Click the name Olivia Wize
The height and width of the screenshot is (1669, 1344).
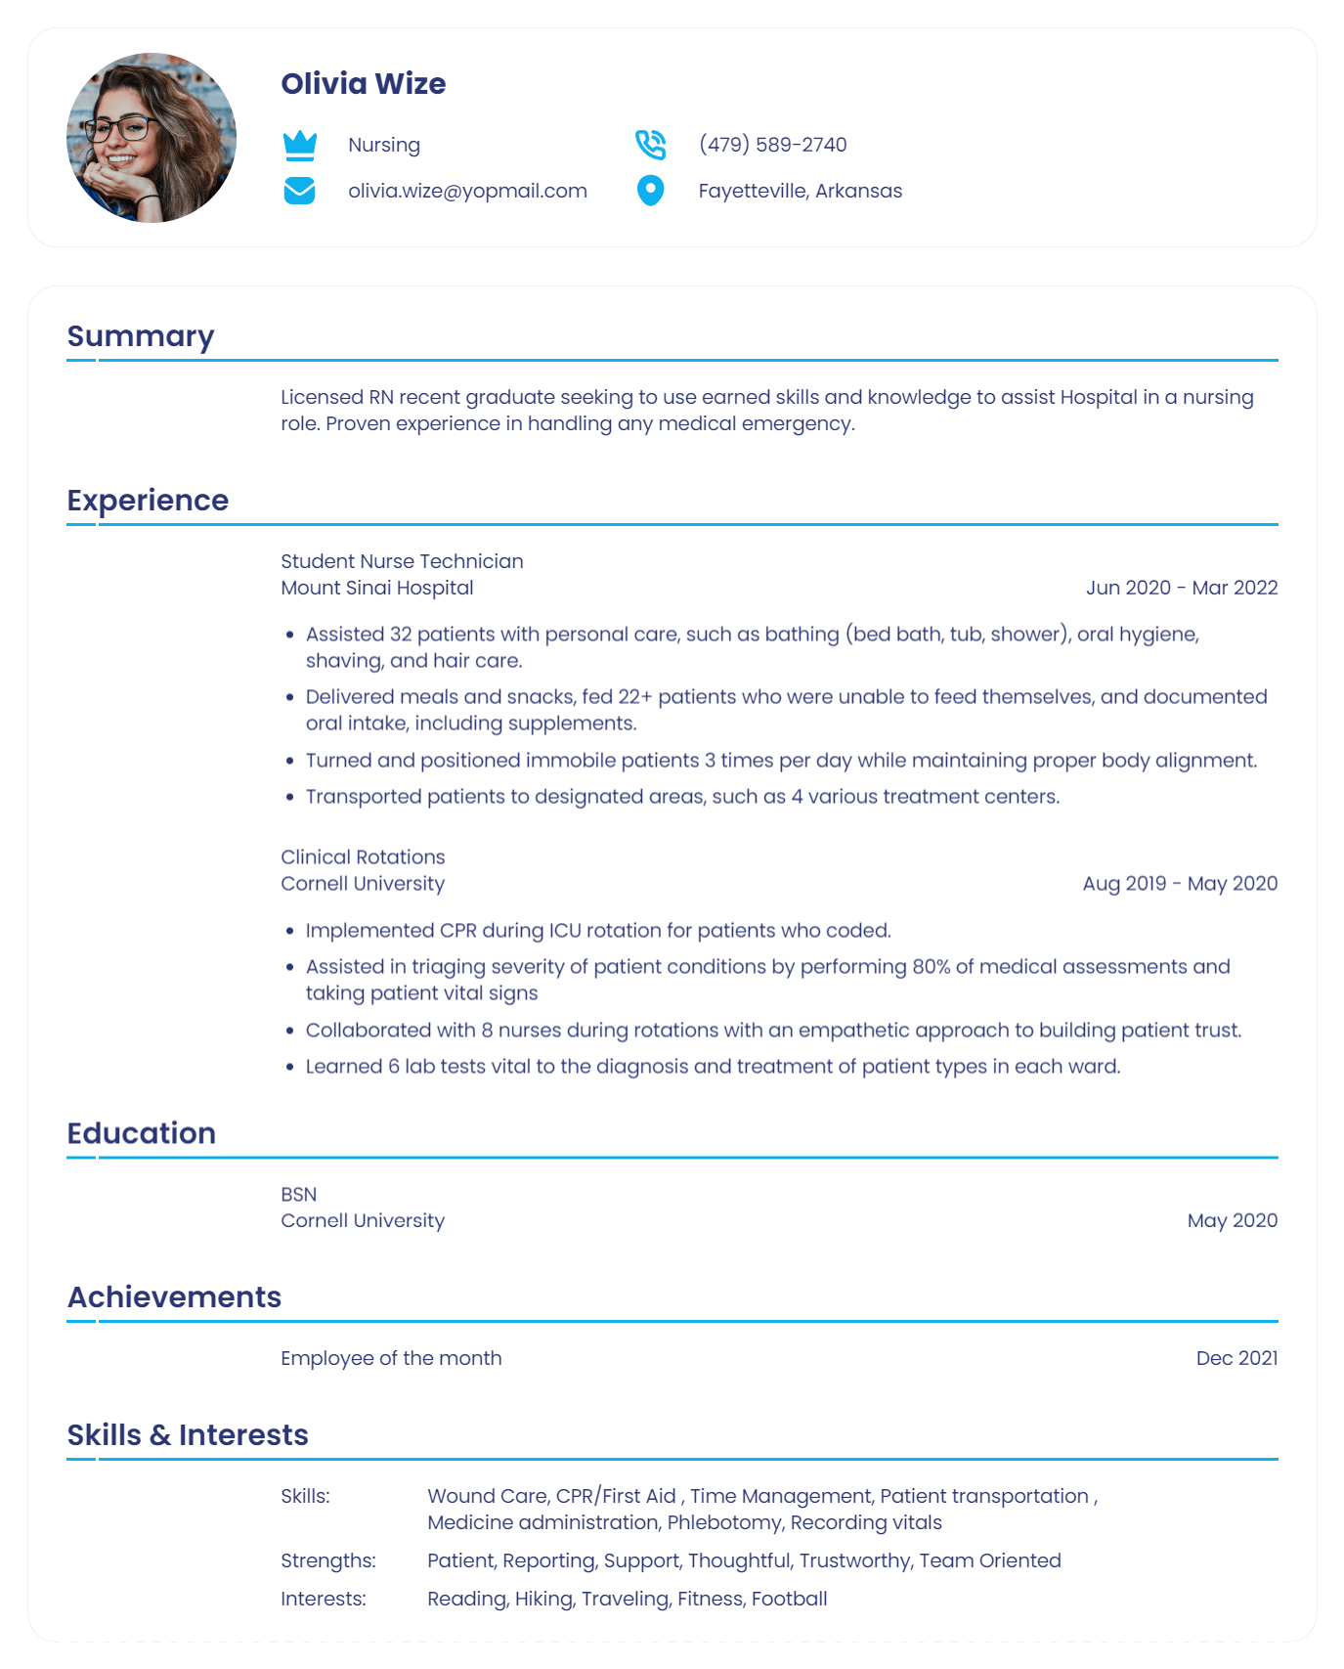click(363, 84)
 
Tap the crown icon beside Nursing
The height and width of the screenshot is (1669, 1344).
click(299, 145)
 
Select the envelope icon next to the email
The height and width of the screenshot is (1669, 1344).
click(299, 191)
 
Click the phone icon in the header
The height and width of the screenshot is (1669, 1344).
click(650, 145)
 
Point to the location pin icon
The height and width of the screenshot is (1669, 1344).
click(650, 191)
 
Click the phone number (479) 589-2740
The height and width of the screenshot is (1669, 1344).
click(772, 145)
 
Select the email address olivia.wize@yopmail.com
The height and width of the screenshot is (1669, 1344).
click(467, 191)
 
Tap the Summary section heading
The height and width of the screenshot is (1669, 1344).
click(141, 336)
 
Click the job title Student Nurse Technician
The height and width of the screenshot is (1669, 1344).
click(402, 561)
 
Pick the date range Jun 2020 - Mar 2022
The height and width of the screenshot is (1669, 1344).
click(1181, 588)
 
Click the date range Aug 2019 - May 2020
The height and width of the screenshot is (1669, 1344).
click(1180, 884)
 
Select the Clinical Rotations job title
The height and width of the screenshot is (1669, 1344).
click(363, 857)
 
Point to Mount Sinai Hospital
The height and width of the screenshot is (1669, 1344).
click(376, 588)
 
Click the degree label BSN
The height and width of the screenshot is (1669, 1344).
click(298, 1195)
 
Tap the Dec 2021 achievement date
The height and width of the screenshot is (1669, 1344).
click(1236, 1358)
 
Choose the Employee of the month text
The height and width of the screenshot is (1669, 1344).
click(391, 1358)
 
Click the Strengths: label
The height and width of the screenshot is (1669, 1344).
click(327, 1560)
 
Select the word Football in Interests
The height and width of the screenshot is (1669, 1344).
click(790, 1599)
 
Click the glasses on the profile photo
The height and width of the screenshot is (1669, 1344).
click(121, 128)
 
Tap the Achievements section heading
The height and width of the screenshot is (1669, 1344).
click(174, 1297)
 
